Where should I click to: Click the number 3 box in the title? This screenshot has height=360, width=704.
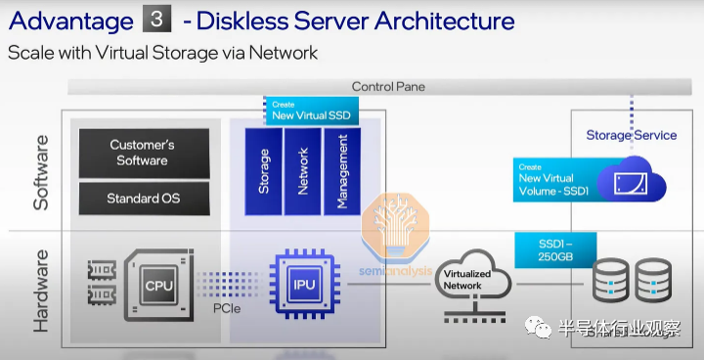tap(156, 21)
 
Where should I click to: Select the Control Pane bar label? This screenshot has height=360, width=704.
tap(388, 86)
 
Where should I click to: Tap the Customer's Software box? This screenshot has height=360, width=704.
tap(144, 154)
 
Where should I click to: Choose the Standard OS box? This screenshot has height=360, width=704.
tap(144, 199)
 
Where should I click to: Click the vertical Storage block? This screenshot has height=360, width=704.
tap(264, 171)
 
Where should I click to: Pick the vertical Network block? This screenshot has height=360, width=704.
tap(302, 171)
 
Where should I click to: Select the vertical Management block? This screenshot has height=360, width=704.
tap(342, 171)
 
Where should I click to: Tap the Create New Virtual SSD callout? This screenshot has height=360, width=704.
tap(311, 111)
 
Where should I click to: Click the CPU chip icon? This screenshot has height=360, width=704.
tap(158, 285)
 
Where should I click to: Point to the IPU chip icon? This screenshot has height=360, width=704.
tap(304, 285)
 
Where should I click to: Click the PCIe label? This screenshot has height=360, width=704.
tap(227, 309)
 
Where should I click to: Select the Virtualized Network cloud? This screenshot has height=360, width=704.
tap(473, 278)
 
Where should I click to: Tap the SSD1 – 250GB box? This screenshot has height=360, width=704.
tap(555, 250)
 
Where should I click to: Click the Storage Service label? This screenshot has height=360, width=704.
tap(632, 135)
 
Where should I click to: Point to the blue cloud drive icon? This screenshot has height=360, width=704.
tap(632, 179)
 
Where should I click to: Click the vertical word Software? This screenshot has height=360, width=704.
tap(41, 172)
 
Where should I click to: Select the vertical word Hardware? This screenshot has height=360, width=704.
tap(41, 291)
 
